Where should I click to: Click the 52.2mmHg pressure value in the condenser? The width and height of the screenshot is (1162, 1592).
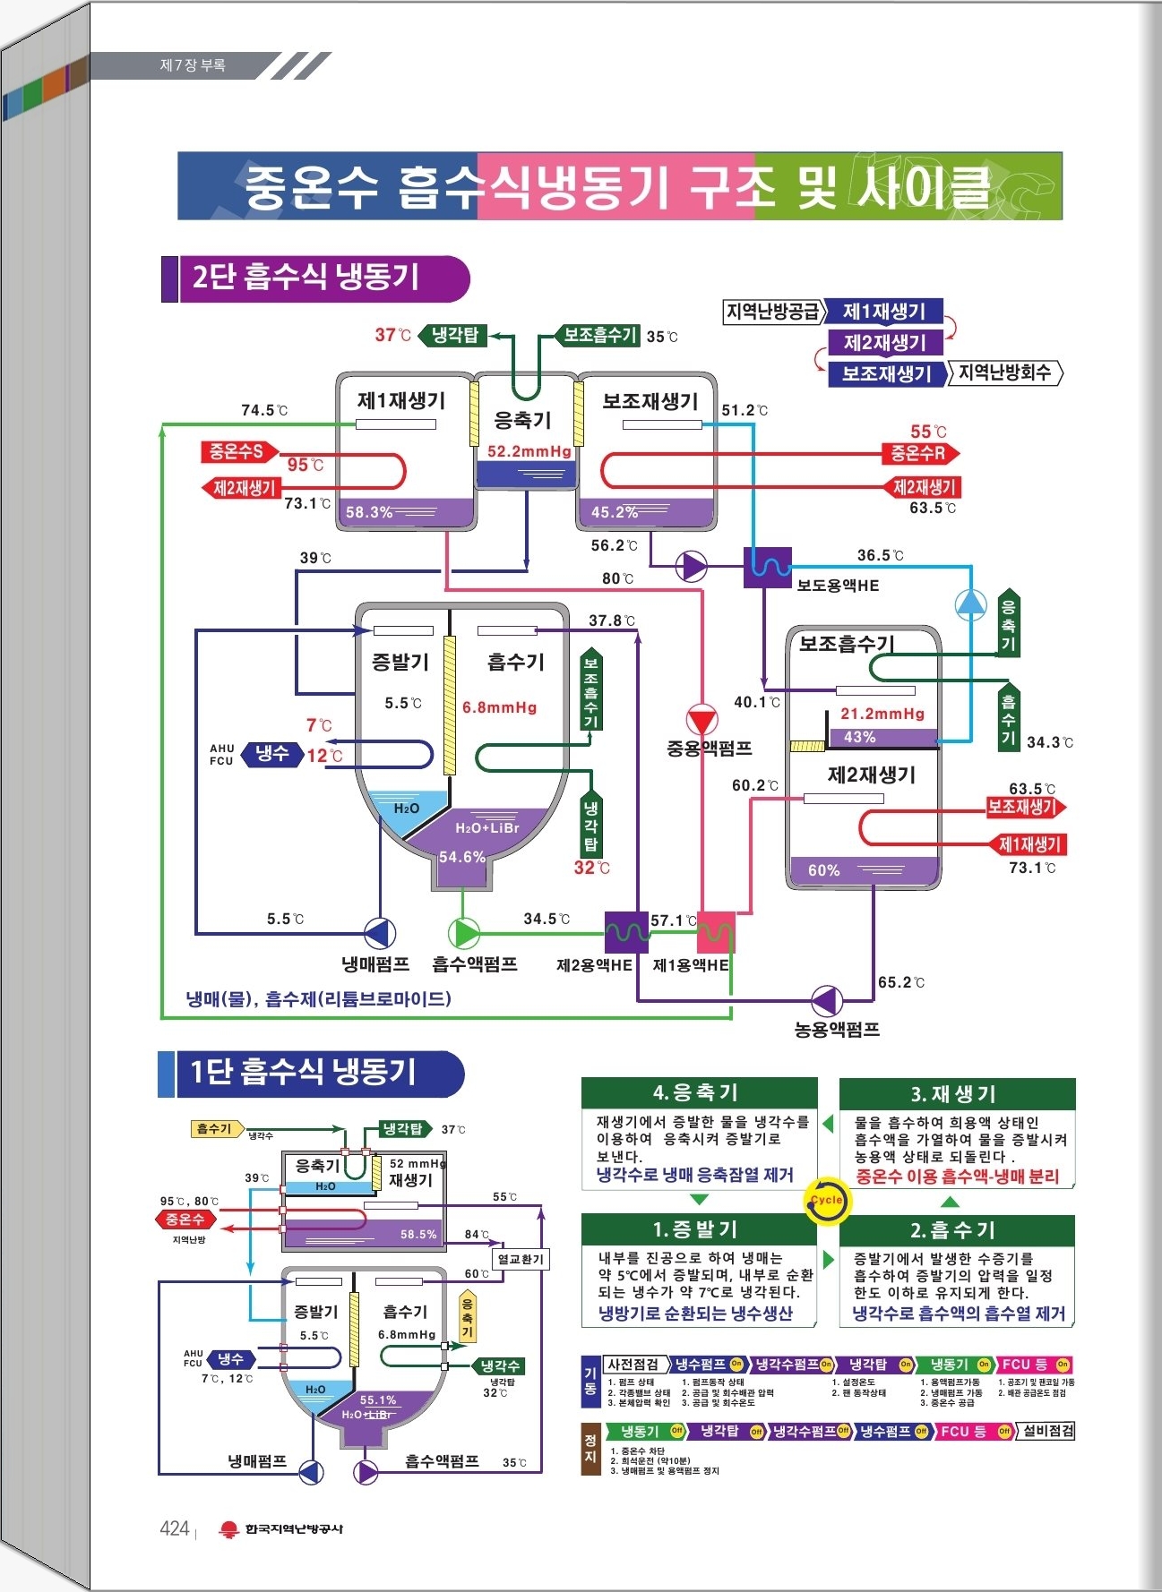529,452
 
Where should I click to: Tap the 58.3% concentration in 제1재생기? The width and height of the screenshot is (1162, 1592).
369,512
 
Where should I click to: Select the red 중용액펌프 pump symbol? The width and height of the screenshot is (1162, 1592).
702,719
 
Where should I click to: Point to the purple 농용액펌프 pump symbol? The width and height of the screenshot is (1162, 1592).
826,1000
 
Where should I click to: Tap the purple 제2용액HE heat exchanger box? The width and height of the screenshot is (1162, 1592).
626,932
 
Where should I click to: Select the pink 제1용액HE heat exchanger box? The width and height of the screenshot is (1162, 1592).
716,932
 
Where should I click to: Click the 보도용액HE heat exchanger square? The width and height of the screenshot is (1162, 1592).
768,567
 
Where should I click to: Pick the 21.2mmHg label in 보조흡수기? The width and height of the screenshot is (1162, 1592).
882,714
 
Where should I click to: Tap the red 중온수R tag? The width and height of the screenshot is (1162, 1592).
918,453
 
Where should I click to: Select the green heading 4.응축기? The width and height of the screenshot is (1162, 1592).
699,1092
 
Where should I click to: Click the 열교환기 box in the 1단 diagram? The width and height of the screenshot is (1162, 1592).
521,1259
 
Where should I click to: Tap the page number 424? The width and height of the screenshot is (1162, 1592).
174,1528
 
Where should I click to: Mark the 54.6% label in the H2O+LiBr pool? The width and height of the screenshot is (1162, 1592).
462,857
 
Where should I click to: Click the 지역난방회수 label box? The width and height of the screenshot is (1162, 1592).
1005,372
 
